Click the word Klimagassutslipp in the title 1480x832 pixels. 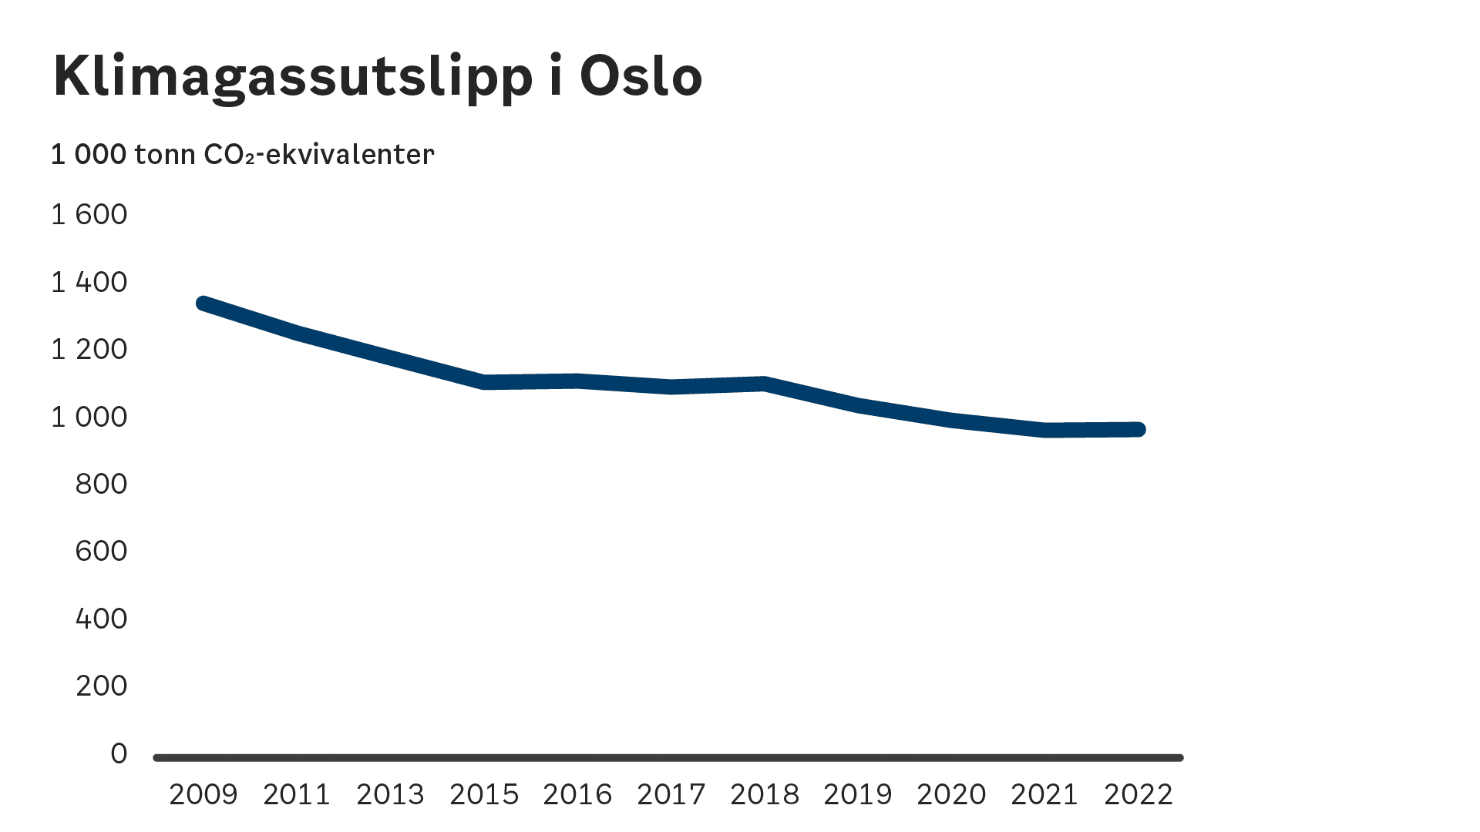tap(293, 77)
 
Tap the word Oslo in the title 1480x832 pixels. tap(641, 76)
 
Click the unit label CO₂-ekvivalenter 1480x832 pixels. tap(318, 155)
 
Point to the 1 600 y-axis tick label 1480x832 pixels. tap(89, 214)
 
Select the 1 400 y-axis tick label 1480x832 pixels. tap(89, 282)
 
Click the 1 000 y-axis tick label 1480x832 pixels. tap(89, 417)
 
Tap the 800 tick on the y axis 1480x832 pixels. tap(101, 484)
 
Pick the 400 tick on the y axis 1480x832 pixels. tap(101, 619)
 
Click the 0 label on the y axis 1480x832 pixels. tap(119, 753)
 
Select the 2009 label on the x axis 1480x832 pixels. tap(203, 794)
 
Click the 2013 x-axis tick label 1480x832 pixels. tap(390, 794)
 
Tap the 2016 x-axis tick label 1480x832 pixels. tap(577, 794)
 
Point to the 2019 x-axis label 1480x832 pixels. tap(858, 794)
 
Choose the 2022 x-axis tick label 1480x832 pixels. tap(1139, 794)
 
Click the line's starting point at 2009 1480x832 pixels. tap(203, 304)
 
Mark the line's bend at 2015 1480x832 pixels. tap(484, 382)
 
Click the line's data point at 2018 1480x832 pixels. tap(764, 384)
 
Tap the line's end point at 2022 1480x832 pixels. tap(1139, 430)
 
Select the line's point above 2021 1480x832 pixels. tap(1045, 431)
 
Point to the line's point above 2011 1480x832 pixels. tap(297, 334)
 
